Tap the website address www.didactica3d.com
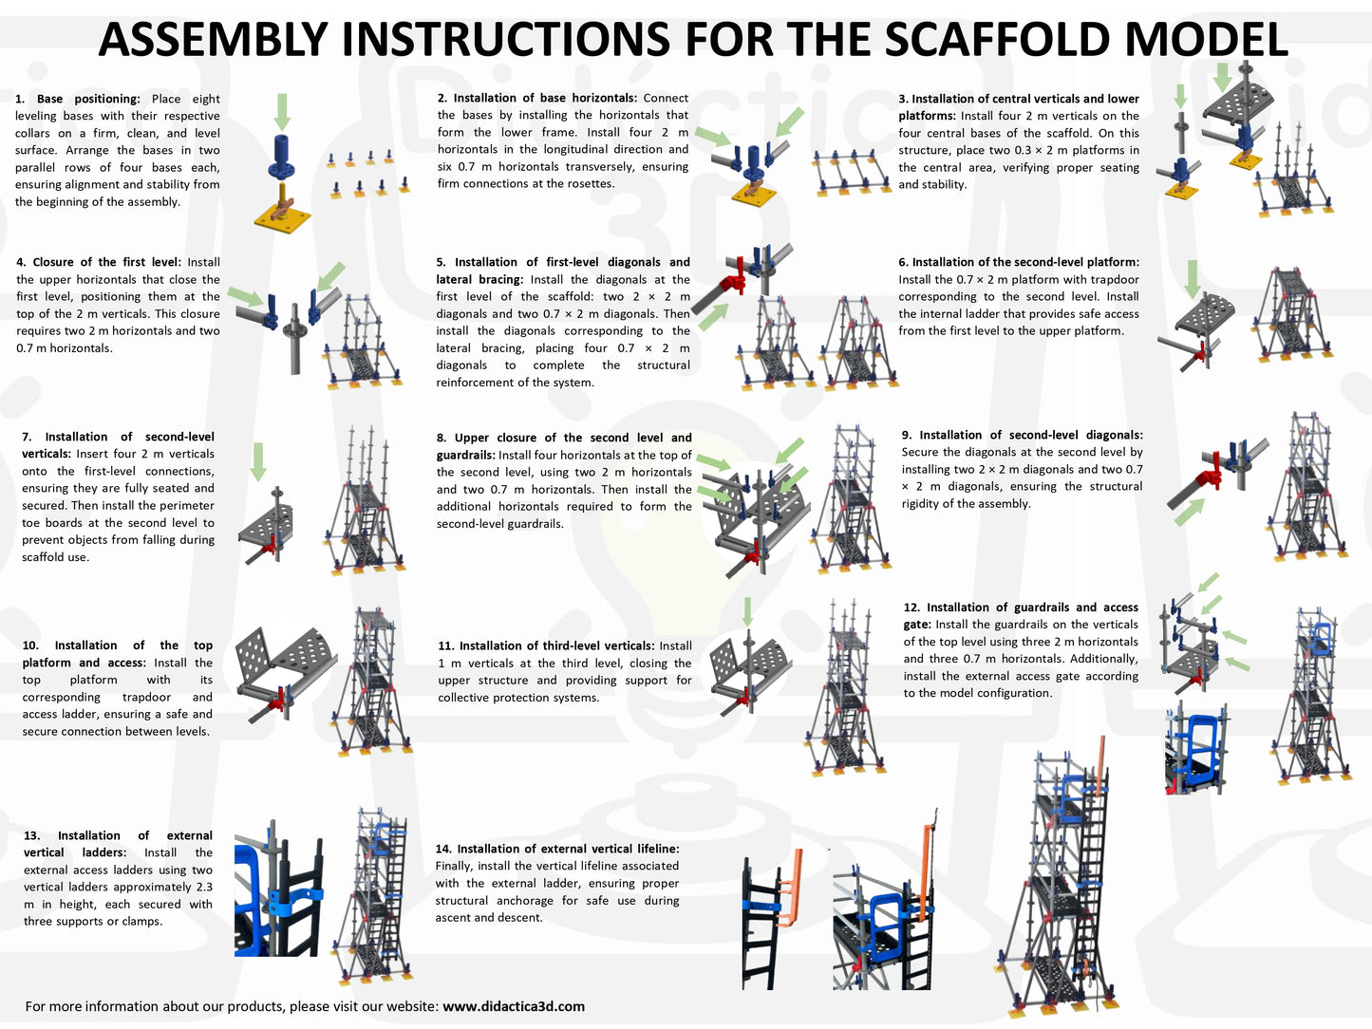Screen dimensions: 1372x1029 click(514, 1006)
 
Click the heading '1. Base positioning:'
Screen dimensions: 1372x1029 click(78, 99)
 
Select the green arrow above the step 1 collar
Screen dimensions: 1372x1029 click(282, 112)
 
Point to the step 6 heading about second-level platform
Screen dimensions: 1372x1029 click(1019, 262)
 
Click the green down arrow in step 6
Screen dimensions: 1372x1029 click(1193, 279)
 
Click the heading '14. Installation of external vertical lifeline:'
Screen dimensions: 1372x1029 click(557, 849)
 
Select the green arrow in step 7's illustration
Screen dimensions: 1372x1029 click(259, 461)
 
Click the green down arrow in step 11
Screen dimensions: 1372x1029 click(747, 611)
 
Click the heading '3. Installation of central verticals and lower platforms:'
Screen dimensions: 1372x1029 click(1019, 107)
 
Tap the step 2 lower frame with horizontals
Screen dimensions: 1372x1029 click(852, 173)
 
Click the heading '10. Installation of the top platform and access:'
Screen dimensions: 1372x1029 click(118, 653)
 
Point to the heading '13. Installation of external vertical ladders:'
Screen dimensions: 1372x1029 click(118, 844)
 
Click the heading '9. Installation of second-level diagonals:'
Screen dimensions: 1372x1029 click(1022, 435)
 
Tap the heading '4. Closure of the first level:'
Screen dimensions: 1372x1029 click(99, 262)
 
